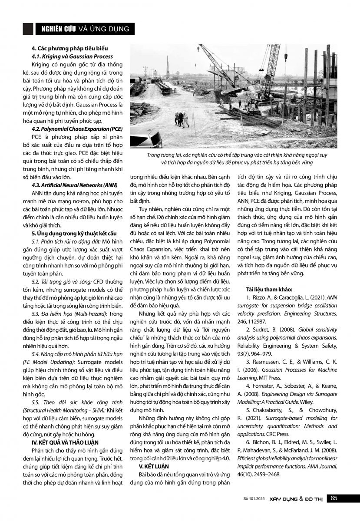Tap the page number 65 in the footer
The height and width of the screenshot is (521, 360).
[334, 498]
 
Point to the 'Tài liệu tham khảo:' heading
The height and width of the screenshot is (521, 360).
[269, 289]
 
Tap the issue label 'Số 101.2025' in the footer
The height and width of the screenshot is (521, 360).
[254, 499]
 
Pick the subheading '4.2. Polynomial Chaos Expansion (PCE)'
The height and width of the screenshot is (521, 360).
[77, 129]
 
